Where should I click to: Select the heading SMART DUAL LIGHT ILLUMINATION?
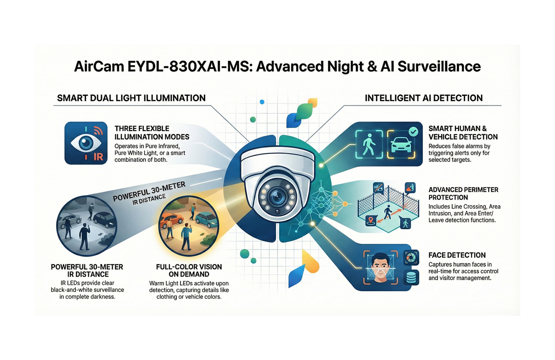pyautogui.click(x=131, y=98)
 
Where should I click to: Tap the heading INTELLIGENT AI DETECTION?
pyautogui.click(x=424, y=98)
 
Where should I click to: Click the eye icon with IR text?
pyautogui.click(x=85, y=143)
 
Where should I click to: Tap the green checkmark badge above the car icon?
pyautogui.click(x=413, y=131)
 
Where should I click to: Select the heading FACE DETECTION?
pyautogui.click(x=457, y=255)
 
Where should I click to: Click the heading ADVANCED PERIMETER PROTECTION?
pyautogui.click(x=463, y=193)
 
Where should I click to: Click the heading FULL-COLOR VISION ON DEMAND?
pyautogui.click(x=189, y=270)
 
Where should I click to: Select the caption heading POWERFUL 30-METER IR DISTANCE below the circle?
pyautogui.click(x=87, y=270)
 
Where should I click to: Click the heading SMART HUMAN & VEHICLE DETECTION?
pyautogui.click(x=463, y=133)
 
